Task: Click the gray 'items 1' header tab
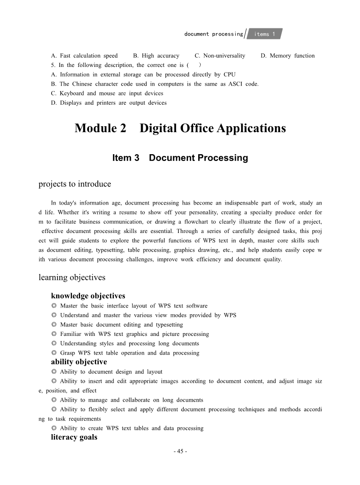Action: point(265,34)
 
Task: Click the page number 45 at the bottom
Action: point(180,451)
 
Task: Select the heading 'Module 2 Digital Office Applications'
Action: point(180,128)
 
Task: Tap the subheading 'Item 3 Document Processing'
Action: point(180,158)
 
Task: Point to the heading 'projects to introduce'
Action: point(75,184)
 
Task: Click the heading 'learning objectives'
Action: point(72,277)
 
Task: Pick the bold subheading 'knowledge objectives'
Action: point(88,296)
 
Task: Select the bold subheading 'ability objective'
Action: point(79,362)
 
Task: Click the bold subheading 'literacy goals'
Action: point(74,437)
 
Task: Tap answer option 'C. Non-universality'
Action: point(220,55)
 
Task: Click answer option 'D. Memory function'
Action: point(288,55)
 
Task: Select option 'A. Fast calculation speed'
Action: point(84,55)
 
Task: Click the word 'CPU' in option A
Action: point(230,75)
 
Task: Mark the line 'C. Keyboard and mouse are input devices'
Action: point(107,93)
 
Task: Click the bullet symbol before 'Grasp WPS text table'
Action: point(54,353)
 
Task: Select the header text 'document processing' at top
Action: point(214,34)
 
